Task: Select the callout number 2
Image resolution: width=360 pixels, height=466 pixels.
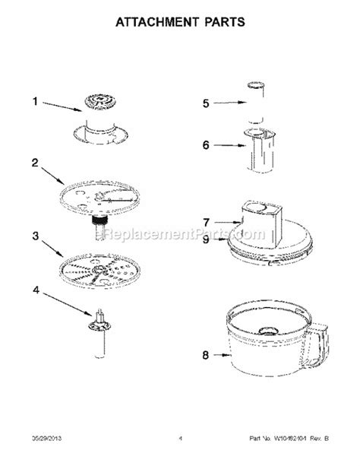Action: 34,161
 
